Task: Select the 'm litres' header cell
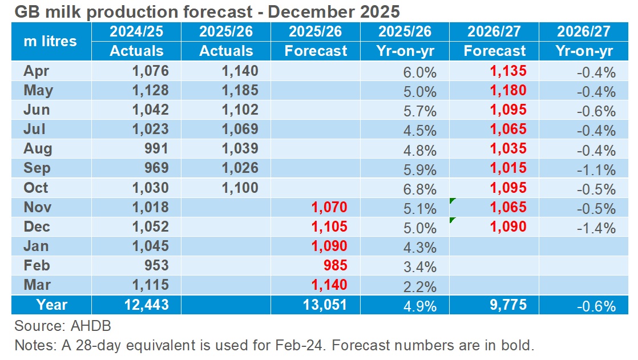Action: [50, 41]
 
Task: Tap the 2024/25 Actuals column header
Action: [136, 41]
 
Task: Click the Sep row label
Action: [37, 168]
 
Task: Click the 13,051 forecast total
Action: [324, 305]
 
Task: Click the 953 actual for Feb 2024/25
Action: [155, 266]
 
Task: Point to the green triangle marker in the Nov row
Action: [453, 201]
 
